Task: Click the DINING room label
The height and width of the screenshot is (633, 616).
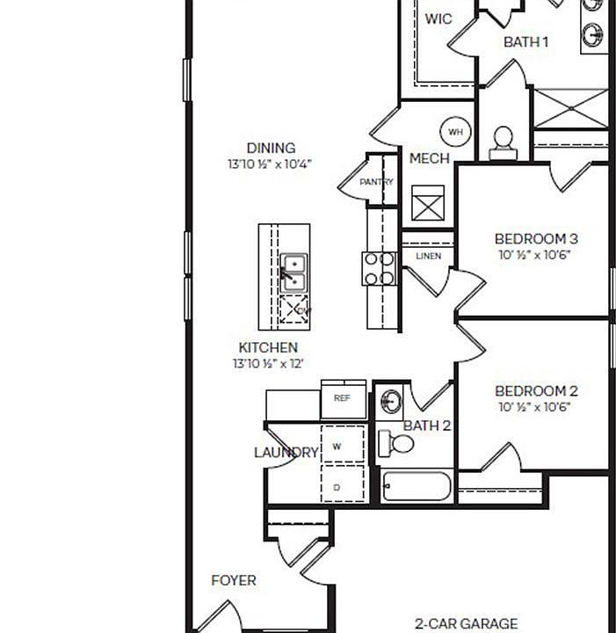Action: coord(271,148)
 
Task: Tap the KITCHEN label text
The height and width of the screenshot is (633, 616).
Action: coord(268,347)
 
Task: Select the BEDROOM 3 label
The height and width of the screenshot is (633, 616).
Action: coord(536,238)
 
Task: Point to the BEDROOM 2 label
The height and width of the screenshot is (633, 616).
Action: coord(536,391)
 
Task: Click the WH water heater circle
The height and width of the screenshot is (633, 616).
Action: coord(455,132)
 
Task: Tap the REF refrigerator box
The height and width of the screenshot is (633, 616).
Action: coord(343,398)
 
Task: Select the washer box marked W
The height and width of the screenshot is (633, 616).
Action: coord(338,447)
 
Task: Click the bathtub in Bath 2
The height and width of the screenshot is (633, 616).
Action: coord(417,486)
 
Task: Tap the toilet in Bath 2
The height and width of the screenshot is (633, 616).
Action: coord(397,443)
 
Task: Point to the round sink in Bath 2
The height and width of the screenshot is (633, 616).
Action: coord(390,403)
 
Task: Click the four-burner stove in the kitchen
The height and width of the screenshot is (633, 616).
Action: coord(380,268)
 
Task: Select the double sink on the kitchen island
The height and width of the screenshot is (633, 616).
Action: coord(293,272)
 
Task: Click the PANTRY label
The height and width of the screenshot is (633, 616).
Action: coord(376,182)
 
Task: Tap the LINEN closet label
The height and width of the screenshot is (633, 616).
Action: coord(428,257)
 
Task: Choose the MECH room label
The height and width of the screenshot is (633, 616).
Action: coord(429,159)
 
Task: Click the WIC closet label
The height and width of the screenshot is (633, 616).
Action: coord(438,18)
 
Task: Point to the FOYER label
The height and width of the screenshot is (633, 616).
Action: coord(234,580)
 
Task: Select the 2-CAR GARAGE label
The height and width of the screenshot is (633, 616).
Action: coord(466,623)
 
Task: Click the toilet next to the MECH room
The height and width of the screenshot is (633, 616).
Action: coord(503,142)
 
